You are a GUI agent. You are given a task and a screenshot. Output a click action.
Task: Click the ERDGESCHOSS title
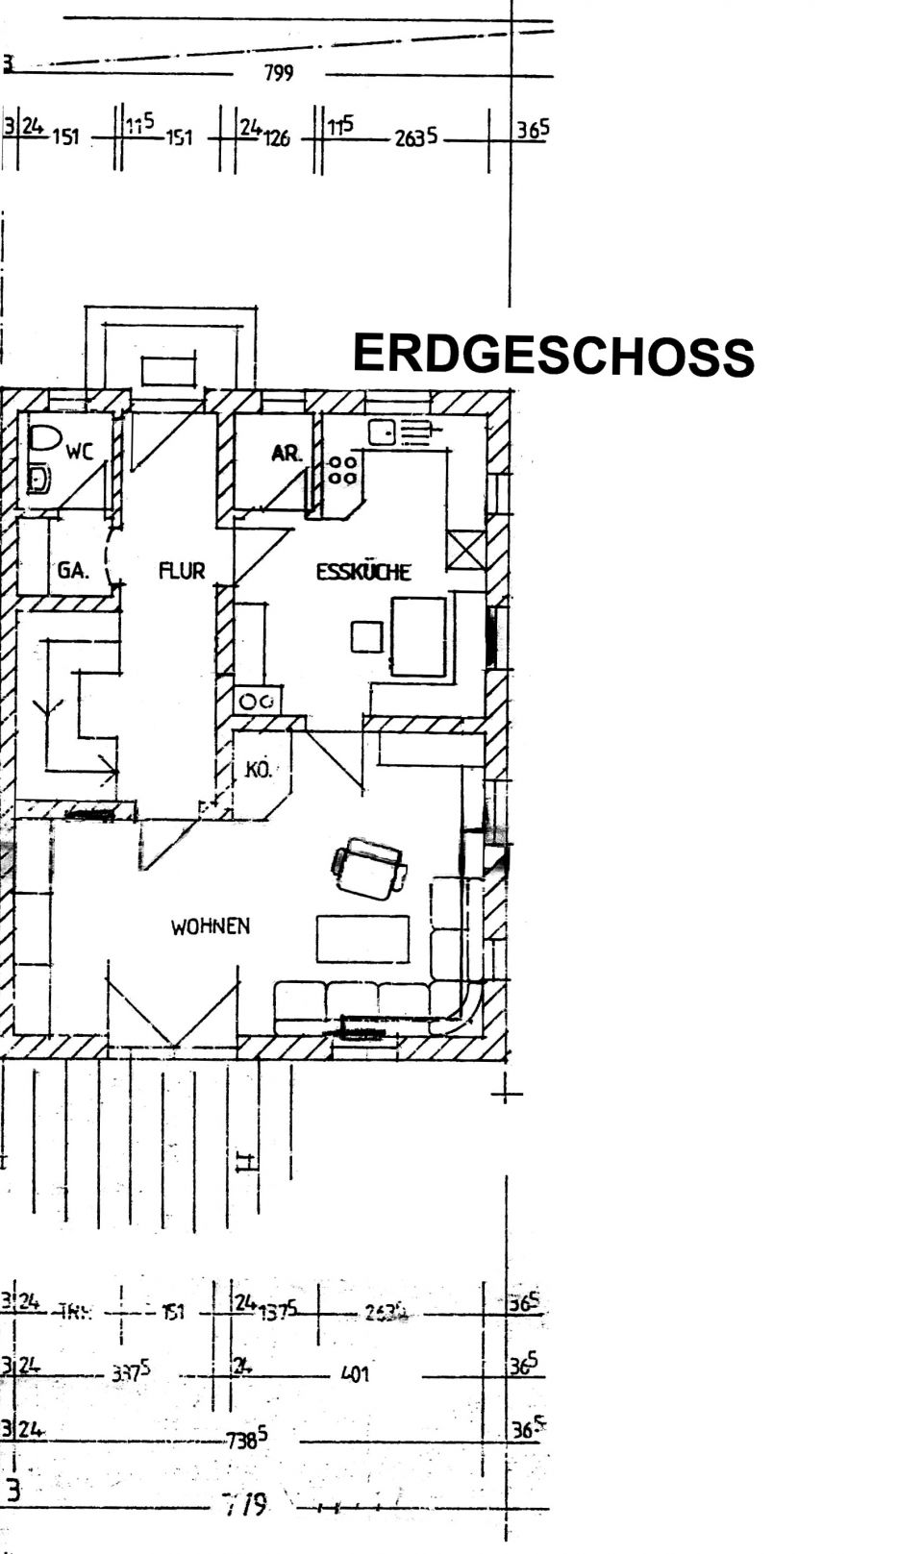[x=553, y=355]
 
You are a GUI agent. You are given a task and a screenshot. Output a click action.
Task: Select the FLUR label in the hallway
[x=182, y=571]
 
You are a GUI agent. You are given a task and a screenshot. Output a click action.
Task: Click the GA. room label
[x=72, y=570]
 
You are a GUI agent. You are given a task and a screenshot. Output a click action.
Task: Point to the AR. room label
[x=286, y=453]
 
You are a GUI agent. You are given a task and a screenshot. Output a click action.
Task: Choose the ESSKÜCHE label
[x=363, y=572]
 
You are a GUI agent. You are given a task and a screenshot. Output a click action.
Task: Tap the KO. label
[x=258, y=769]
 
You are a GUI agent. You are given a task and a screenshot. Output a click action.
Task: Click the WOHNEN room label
[x=211, y=926]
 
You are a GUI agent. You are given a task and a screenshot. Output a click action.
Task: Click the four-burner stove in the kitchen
[x=343, y=470]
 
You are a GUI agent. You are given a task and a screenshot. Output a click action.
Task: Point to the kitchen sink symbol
[x=384, y=433]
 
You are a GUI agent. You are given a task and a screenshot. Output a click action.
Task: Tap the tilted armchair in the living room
[x=369, y=868]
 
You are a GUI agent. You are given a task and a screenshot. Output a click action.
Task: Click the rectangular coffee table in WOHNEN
[x=362, y=939]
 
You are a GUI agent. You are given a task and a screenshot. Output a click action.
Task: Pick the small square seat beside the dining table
[x=366, y=636]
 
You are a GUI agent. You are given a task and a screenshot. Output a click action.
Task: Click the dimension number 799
[x=279, y=73]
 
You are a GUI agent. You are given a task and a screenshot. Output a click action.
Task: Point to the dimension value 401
[x=355, y=1374]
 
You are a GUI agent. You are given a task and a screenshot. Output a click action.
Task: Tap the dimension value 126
[x=276, y=137]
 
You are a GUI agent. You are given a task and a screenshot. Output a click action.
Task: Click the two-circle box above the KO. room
[x=258, y=701]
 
